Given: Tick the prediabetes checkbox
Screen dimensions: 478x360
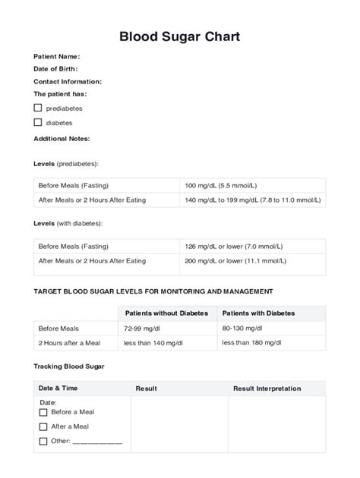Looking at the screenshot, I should click(x=38, y=108).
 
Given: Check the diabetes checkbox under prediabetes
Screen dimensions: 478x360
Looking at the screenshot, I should click(x=38, y=122).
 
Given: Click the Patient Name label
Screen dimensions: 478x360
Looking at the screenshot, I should click(x=56, y=57).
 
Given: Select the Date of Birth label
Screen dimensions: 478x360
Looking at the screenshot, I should click(x=55, y=69).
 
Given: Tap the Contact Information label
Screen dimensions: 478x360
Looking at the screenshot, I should click(x=68, y=81).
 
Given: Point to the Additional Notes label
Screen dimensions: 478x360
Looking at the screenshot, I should click(x=62, y=139).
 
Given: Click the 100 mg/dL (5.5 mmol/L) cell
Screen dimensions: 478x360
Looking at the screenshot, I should click(x=220, y=186).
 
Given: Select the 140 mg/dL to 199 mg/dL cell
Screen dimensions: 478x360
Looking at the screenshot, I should click(x=252, y=200).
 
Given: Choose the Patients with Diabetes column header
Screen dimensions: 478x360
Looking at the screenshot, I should click(x=258, y=313).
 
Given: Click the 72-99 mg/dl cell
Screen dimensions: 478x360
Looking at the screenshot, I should click(x=143, y=329).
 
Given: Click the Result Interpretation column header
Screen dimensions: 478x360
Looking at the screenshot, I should click(x=267, y=388).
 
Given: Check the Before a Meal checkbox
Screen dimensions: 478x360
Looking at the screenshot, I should click(x=43, y=412).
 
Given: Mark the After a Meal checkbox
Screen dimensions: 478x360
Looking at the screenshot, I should click(x=43, y=426).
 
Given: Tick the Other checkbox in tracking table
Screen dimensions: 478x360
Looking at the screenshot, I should click(x=43, y=441).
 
